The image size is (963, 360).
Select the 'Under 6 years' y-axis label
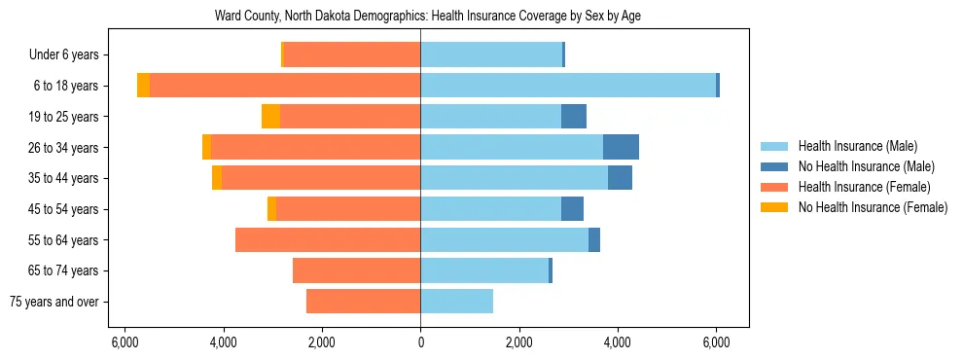[70, 55]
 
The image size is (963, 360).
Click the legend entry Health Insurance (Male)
[857, 147]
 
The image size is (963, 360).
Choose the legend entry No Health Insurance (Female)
[873, 207]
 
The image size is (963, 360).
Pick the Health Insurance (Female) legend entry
[864, 187]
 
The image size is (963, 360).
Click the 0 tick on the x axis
[420, 342]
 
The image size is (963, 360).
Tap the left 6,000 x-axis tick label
[125, 342]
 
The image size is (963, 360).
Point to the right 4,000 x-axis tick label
[618, 342]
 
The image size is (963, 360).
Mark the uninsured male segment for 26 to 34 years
[621, 147]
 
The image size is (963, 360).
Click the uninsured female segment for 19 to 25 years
[270, 117]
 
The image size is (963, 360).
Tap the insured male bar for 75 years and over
[456, 302]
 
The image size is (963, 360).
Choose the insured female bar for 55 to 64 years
[328, 239]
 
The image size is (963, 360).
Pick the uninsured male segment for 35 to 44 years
[620, 178]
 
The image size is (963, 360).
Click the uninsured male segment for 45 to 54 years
[572, 209]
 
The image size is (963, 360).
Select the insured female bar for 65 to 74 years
[356, 270]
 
